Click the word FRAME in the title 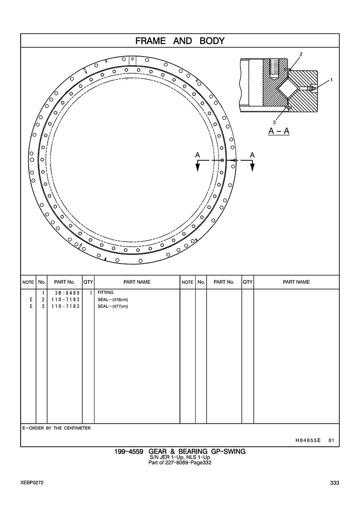click(x=150, y=41)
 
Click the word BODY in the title click(x=212, y=41)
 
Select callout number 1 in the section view click(x=331, y=80)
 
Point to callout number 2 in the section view click(x=301, y=54)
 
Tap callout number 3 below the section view click(x=274, y=123)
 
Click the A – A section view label click(x=279, y=131)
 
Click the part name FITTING click(x=105, y=293)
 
